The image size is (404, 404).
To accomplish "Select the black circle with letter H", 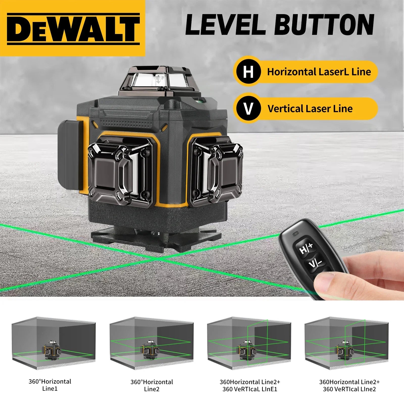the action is coord(248,72).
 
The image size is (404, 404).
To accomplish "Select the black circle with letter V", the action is coord(248,109).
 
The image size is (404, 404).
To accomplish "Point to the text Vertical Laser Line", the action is coord(310,109).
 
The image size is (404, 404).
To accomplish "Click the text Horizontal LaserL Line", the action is coord(319,72).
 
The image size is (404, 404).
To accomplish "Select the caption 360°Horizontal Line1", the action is coord(50,385).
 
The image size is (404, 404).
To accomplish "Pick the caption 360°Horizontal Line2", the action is coord(152,385).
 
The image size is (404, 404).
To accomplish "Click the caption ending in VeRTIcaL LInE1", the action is coord(250,385).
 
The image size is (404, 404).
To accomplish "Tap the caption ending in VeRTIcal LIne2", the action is coord(349,385).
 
